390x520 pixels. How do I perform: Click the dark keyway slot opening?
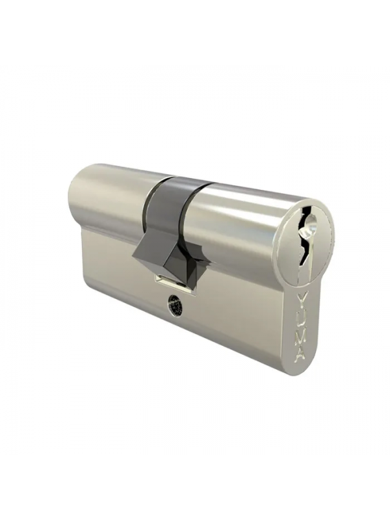305,239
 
